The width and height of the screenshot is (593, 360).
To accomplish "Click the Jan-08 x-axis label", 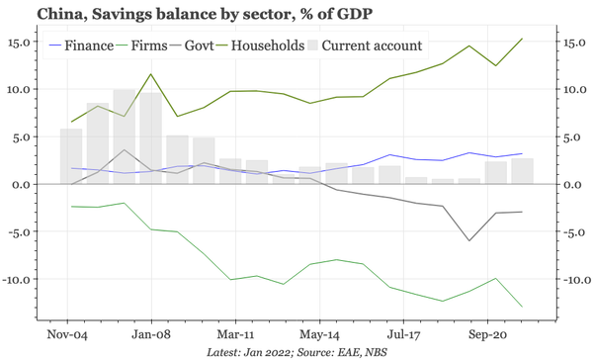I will click(152, 333).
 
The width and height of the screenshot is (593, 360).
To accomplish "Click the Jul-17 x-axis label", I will click(405, 333).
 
